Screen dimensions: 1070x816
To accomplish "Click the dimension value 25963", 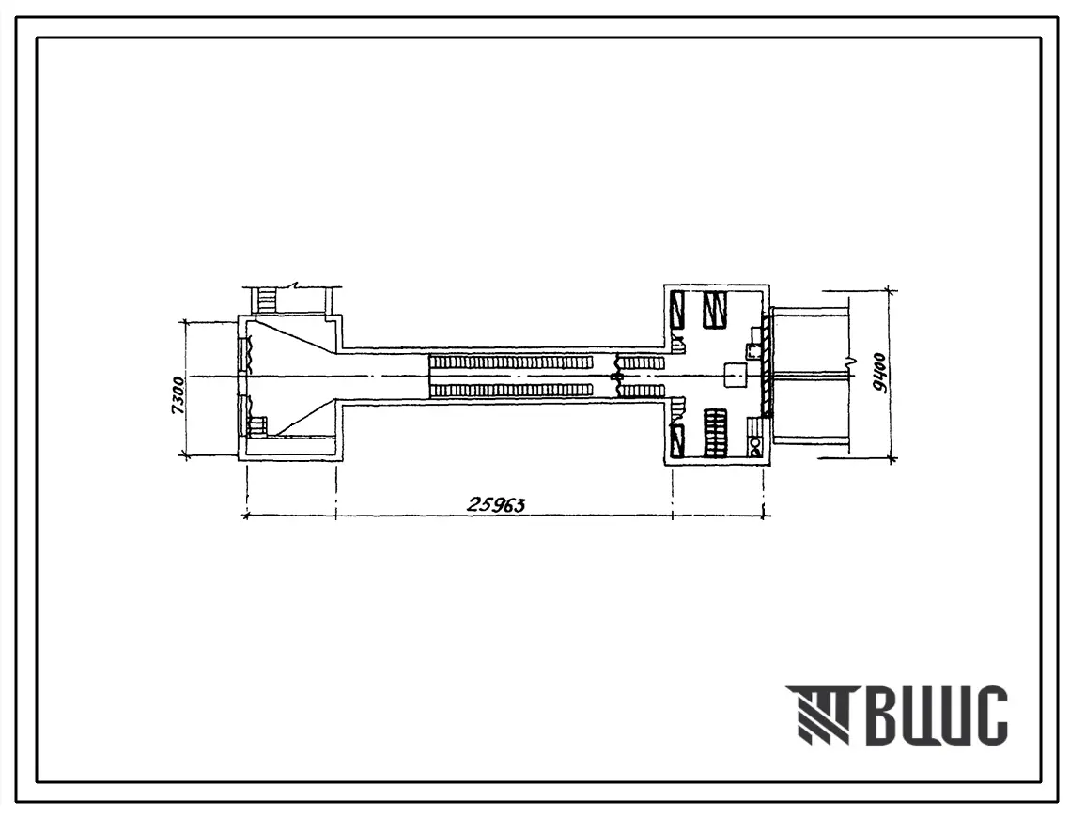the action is (x=496, y=505).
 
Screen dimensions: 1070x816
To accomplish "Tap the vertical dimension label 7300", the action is (x=178, y=395).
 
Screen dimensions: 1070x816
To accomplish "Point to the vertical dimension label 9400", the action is (x=879, y=373).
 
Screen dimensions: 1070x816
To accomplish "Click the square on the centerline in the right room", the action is (x=736, y=376).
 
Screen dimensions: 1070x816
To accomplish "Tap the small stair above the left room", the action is (x=266, y=299).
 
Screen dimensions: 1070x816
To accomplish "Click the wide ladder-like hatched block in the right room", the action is (x=716, y=432).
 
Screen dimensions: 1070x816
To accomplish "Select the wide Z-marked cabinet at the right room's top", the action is (x=716, y=311).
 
